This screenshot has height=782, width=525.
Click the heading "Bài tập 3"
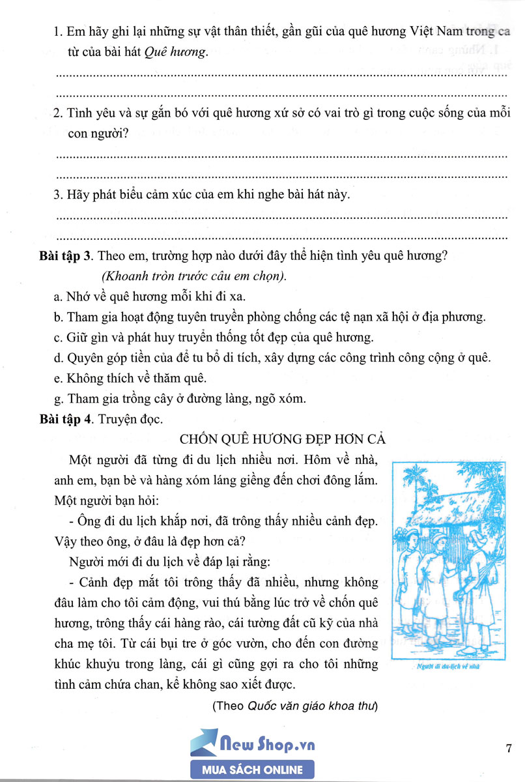coord(64,256)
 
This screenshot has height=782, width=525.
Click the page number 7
coord(509,748)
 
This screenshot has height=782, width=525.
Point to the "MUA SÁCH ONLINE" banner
coord(253,770)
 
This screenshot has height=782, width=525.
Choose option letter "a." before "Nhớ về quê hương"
coord(58,297)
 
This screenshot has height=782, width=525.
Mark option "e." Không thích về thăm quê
coord(58,378)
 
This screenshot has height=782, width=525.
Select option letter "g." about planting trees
coord(58,398)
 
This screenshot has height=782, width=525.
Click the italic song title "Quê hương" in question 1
coord(184,54)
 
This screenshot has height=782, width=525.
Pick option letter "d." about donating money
coord(58,358)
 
